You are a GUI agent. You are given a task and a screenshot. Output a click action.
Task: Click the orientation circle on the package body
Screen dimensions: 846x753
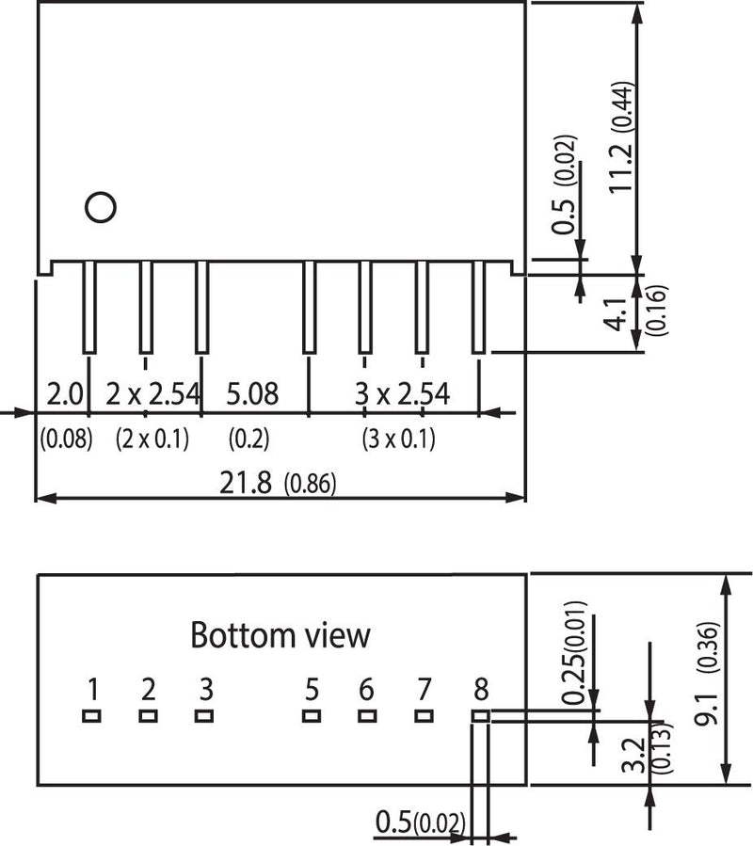click(x=99, y=206)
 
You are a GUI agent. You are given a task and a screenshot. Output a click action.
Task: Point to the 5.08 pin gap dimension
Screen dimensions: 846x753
click(x=252, y=393)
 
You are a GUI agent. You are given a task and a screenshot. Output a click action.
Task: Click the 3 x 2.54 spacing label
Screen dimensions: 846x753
click(x=402, y=393)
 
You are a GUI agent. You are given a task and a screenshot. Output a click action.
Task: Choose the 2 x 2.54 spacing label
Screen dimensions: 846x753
click(x=152, y=393)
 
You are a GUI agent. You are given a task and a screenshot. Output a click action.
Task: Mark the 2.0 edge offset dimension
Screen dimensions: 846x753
click(x=65, y=393)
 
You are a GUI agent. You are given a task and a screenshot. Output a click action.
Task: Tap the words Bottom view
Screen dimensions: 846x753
click(x=280, y=635)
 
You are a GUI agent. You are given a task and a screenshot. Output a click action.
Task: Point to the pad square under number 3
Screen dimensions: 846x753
click(x=204, y=716)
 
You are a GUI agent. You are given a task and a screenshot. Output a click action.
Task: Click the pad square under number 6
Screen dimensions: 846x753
click(x=367, y=716)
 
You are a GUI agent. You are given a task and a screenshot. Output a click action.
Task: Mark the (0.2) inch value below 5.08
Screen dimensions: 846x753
click(x=248, y=439)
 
